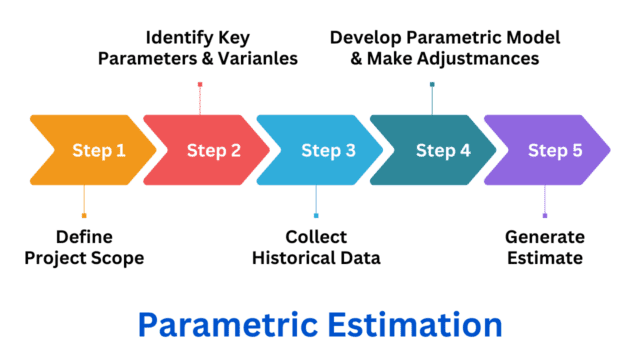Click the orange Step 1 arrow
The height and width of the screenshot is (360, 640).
(95, 151)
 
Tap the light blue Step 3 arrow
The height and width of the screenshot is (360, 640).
(325, 151)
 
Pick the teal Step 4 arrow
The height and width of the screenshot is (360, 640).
(440, 151)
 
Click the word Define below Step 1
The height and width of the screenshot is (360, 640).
(84, 237)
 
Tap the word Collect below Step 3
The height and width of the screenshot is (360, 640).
(316, 237)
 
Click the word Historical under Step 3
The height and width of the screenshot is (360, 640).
(293, 258)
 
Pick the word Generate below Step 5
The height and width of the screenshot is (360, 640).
(544, 237)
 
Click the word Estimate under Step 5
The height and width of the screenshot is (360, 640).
(544, 258)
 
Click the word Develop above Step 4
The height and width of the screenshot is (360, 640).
(370, 37)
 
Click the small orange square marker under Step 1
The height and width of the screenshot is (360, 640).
(84, 215)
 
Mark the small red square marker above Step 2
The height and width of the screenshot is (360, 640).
(200, 85)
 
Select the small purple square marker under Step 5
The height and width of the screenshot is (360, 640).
(545, 215)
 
